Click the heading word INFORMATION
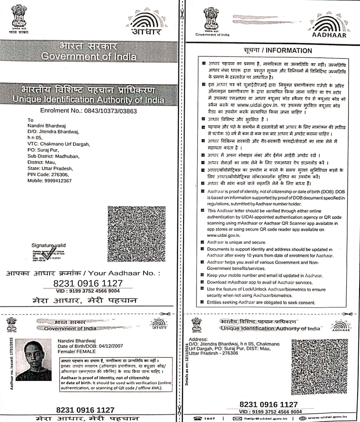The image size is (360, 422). coord(289,51)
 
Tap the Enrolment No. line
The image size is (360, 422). coord(88,111)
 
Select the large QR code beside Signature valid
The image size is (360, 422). coord(136,234)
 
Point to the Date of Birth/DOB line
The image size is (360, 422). coord(90,346)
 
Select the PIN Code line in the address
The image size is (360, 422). coord(48,175)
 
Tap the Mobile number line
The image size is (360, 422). coord(49,181)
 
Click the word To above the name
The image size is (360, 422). coord(30,120)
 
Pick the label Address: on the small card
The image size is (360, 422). coord(198,339)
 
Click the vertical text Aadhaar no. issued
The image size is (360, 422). coord(12,364)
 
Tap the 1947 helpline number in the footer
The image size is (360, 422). coord(209,418)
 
